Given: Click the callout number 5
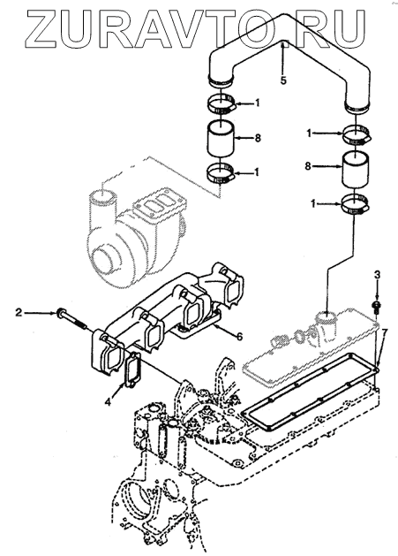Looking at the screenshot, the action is point(283,80).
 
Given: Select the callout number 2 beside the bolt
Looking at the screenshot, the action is point(19,312).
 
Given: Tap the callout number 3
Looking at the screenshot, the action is point(377,274).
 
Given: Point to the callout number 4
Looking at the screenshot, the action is point(109,402).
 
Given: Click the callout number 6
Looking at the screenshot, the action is point(240,337).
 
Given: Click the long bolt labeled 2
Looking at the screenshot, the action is point(71,319).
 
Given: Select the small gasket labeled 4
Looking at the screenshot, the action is point(131,369).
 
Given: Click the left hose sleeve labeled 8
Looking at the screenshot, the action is point(221,138).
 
